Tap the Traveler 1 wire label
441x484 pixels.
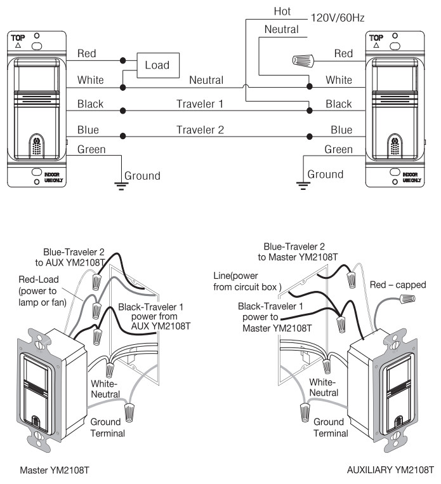pyautogui.click(x=199, y=104)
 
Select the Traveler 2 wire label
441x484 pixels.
pyautogui.click(x=199, y=130)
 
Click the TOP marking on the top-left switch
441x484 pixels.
pyautogui.click(x=18, y=38)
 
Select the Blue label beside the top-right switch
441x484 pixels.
pyautogui.click(x=341, y=130)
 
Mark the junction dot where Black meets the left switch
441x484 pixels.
pyautogui.click(x=122, y=110)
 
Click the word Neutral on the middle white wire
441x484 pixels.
pyautogui.click(x=206, y=81)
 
